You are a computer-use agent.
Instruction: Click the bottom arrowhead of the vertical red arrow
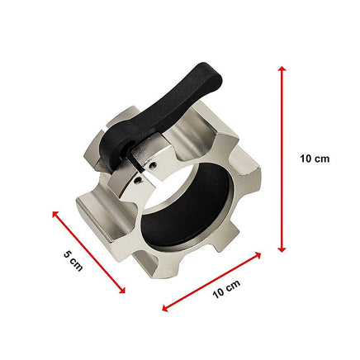(282, 249)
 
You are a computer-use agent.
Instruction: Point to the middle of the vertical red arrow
(282, 159)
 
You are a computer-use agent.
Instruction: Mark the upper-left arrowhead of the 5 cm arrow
(56, 213)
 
